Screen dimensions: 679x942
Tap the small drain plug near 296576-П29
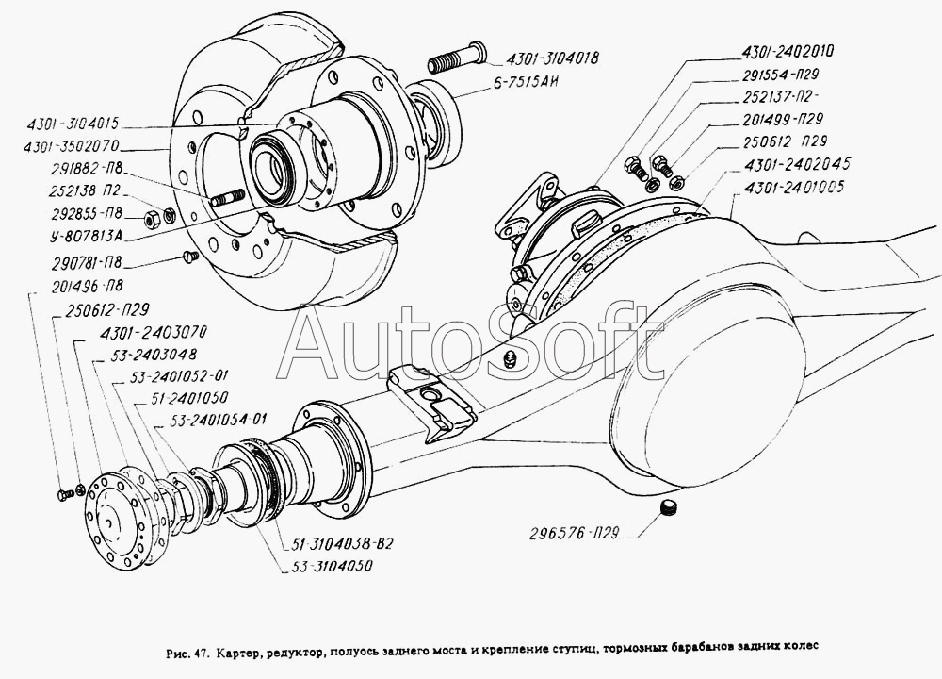coord(670,510)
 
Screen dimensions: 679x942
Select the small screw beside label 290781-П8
coord(185,255)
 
